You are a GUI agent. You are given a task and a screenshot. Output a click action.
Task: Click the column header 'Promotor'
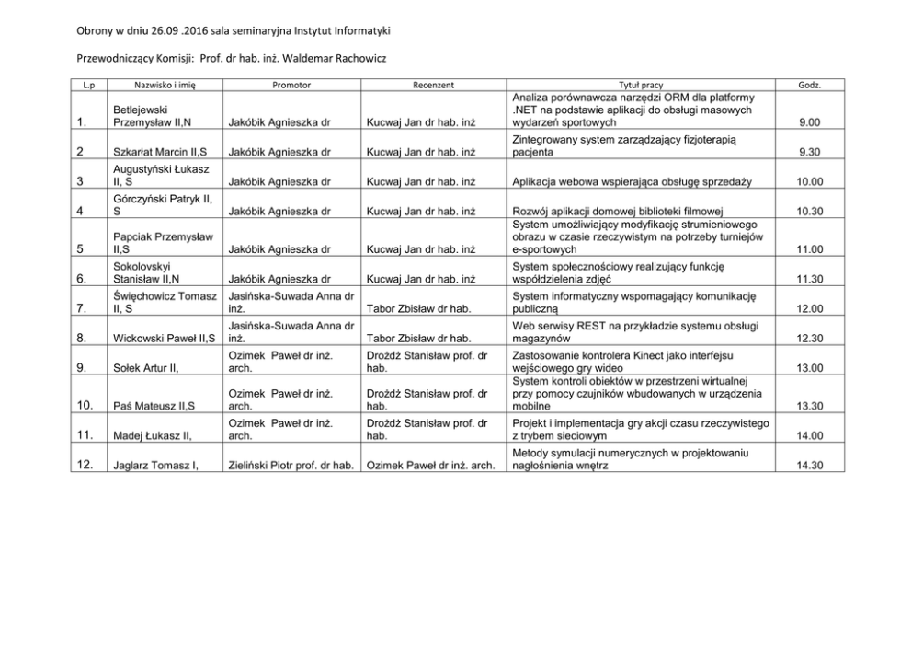[x=292, y=85]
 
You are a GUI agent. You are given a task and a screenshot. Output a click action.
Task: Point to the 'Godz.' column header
[x=809, y=85]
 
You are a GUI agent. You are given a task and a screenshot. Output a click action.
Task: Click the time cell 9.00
[x=809, y=122]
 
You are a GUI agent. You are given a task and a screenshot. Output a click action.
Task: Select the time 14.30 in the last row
[x=809, y=466]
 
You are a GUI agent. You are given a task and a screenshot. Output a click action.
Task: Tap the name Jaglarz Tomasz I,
[x=155, y=466]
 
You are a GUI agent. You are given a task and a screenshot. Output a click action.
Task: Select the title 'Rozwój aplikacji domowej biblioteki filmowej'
[x=633, y=212]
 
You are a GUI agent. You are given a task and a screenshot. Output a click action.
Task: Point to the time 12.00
[x=809, y=308]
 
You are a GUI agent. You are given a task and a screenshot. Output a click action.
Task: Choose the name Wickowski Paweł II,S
[x=163, y=339]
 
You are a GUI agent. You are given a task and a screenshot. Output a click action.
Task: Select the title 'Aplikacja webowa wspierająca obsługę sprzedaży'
[x=633, y=182]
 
